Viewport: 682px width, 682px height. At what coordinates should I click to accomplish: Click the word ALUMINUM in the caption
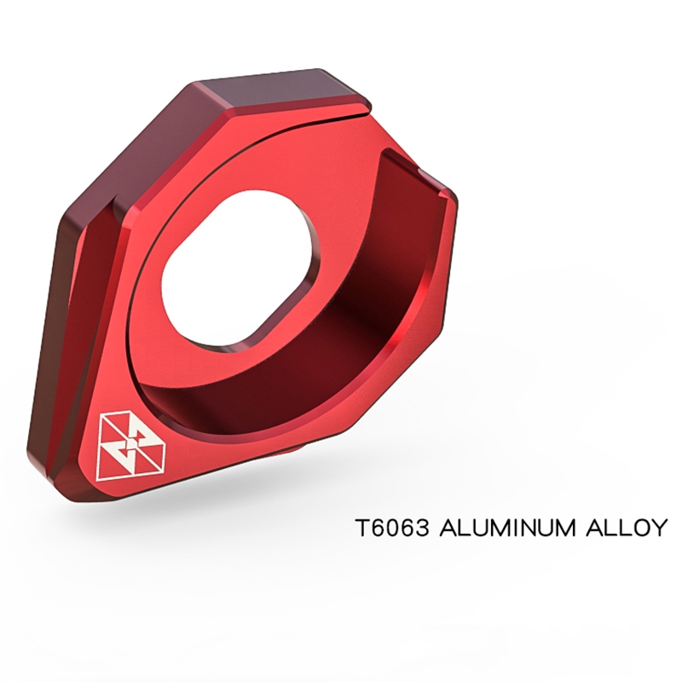point(508,527)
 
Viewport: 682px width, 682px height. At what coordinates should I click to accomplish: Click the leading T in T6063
point(363,527)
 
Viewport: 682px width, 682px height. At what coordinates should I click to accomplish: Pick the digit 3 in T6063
point(423,527)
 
